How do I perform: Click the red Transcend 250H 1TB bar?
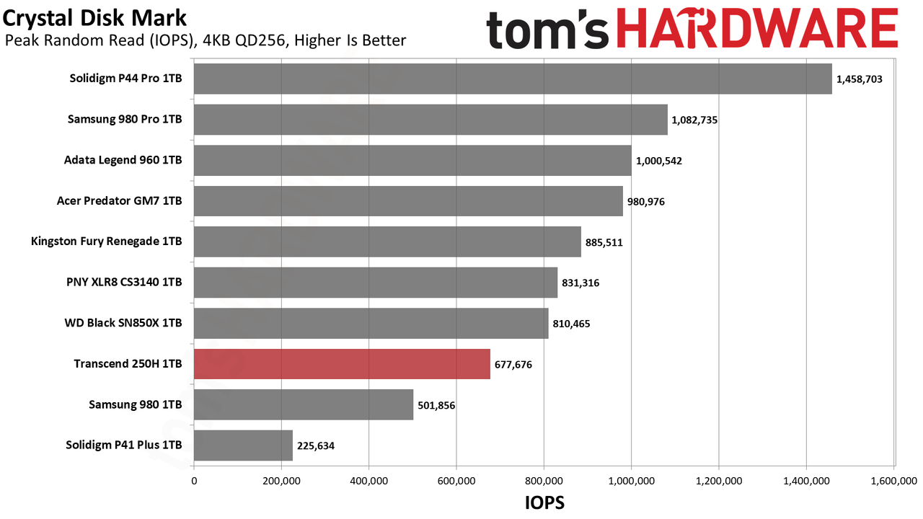[342, 364]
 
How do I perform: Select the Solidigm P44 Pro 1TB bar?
[513, 79]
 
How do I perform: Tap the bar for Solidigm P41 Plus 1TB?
[243, 445]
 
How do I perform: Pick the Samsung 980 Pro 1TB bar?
[430, 120]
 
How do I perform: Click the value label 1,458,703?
[859, 79]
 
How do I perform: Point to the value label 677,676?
[513, 365]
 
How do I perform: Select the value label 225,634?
[316, 445]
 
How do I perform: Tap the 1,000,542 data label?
[659, 161]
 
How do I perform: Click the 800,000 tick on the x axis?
[544, 481]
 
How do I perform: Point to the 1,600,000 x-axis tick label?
[893, 481]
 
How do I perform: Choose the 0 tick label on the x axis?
[194, 481]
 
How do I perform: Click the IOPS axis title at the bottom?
[544, 503]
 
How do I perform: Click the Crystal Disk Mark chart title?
[94, 19]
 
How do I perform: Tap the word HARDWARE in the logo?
[757, 28]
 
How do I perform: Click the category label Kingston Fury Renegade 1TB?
[106, 241]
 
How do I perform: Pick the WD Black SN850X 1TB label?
[123, 322]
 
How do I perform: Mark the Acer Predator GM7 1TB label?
[120, 200]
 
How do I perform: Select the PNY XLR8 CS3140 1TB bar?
[376, 283]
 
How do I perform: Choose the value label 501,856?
[436, 405]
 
